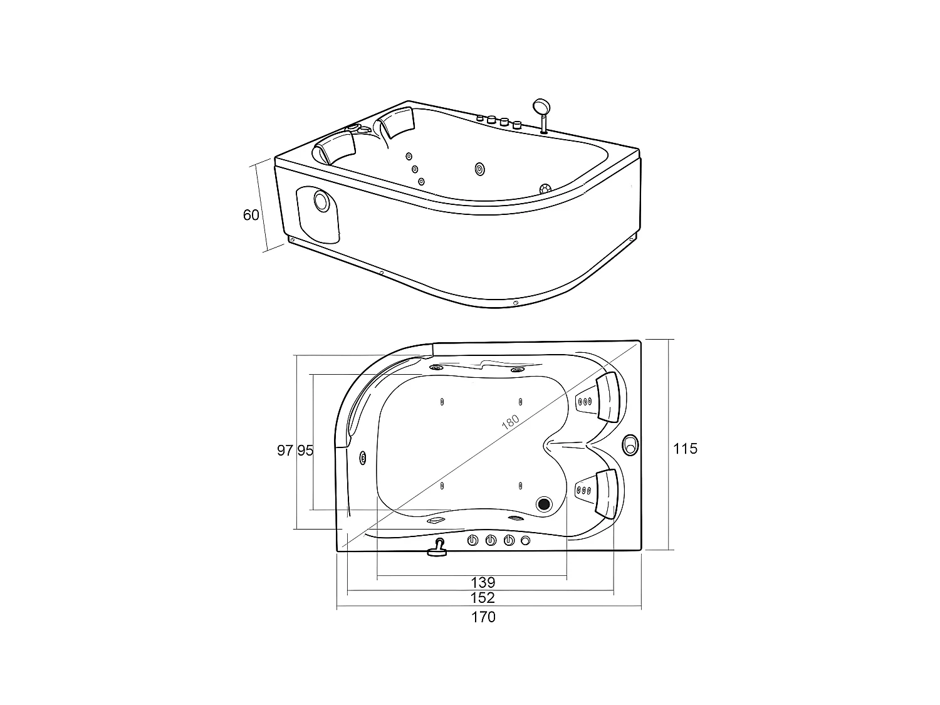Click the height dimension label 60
[x=251, y=215]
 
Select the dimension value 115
[x=685, y=449]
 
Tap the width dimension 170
[x=483, y=617]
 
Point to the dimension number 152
[x=483, y=598]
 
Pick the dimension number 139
[x=483, y=583]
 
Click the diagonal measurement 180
[x=511, y=420]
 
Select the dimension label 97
[x=285, y=450]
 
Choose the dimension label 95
[x=305, y=450]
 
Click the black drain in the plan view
[x=544, y=503]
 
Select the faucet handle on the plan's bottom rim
[x=437, y=548]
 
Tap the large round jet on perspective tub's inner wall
[x=480, y=169]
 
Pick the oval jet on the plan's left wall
[x=363, y=458]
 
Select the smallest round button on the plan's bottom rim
[x=525, y=540]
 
